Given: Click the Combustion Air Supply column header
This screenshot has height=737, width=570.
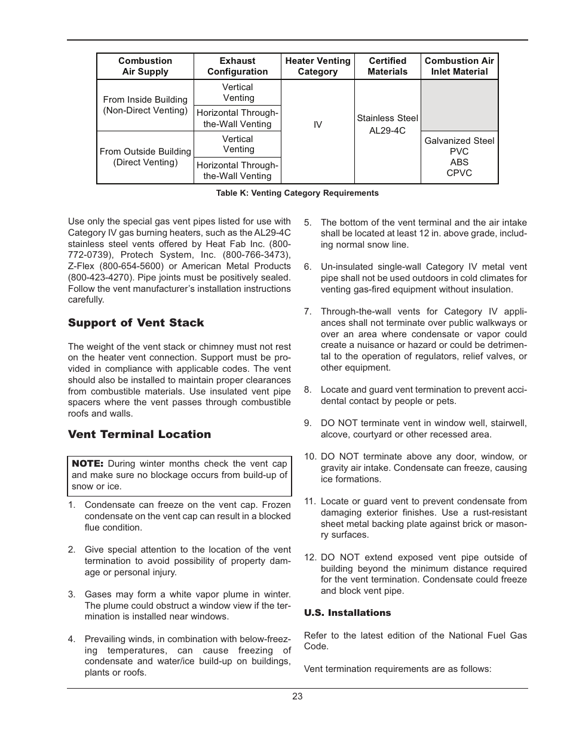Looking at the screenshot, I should click(x=145, y=66).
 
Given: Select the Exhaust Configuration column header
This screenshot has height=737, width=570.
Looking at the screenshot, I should click(x=237, y=66).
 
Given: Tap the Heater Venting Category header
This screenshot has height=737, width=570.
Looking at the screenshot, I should click(x=318, y=66).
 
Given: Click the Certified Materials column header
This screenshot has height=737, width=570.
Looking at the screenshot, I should click(x=387, y=66).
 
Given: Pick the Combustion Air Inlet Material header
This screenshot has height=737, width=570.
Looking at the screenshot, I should click(x=459, y=66).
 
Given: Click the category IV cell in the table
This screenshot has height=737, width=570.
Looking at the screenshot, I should click(x=318, y=125).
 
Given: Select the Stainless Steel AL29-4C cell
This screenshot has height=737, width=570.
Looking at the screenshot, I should click(x=387, y=124).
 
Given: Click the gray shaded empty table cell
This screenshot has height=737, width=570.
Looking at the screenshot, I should click(x=459, y=106).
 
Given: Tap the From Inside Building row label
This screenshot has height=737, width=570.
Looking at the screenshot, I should click(x=145, y=105).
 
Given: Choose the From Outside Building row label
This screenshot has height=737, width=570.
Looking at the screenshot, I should click(x=145, y=157).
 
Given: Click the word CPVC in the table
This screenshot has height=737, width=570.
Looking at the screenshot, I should click(x=459, y=173).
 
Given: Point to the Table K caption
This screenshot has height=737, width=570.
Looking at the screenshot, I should click(x=297, y=193).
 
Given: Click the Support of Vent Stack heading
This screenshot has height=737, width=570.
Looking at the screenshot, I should click(x=136, y=323).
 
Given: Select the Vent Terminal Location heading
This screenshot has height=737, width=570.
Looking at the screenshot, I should click(x=139, y=434).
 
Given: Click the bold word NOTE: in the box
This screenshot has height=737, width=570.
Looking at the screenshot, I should click(x=88, y=464).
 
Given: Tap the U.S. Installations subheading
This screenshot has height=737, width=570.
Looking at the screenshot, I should click(x=347, y=613).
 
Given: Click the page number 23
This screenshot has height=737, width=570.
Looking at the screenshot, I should click(x=298, y=696).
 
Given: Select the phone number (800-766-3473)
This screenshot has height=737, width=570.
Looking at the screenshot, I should click(x=256, y=255).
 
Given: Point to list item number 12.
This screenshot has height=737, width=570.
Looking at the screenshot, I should click(x=309, y=557).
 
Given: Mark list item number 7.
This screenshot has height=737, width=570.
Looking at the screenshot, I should click(x=308, y=312).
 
